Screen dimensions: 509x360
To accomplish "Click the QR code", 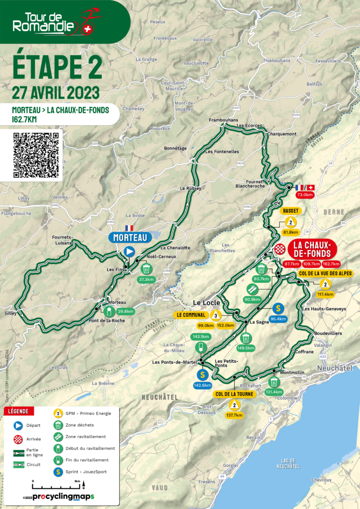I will coord(36,155).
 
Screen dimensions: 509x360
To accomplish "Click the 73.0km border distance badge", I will coord(304,195).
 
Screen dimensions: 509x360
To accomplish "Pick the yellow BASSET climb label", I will coord(291,211).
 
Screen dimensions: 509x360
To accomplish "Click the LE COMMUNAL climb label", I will coord(191,315).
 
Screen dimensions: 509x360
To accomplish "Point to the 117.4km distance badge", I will coord(325,294).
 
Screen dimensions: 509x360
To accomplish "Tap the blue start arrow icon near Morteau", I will coord(129,252).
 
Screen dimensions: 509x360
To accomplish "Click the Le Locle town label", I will coord(203,302).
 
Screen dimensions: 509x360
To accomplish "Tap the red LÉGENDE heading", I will coord(19,411).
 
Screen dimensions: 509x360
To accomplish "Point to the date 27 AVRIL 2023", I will coord(56,92).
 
